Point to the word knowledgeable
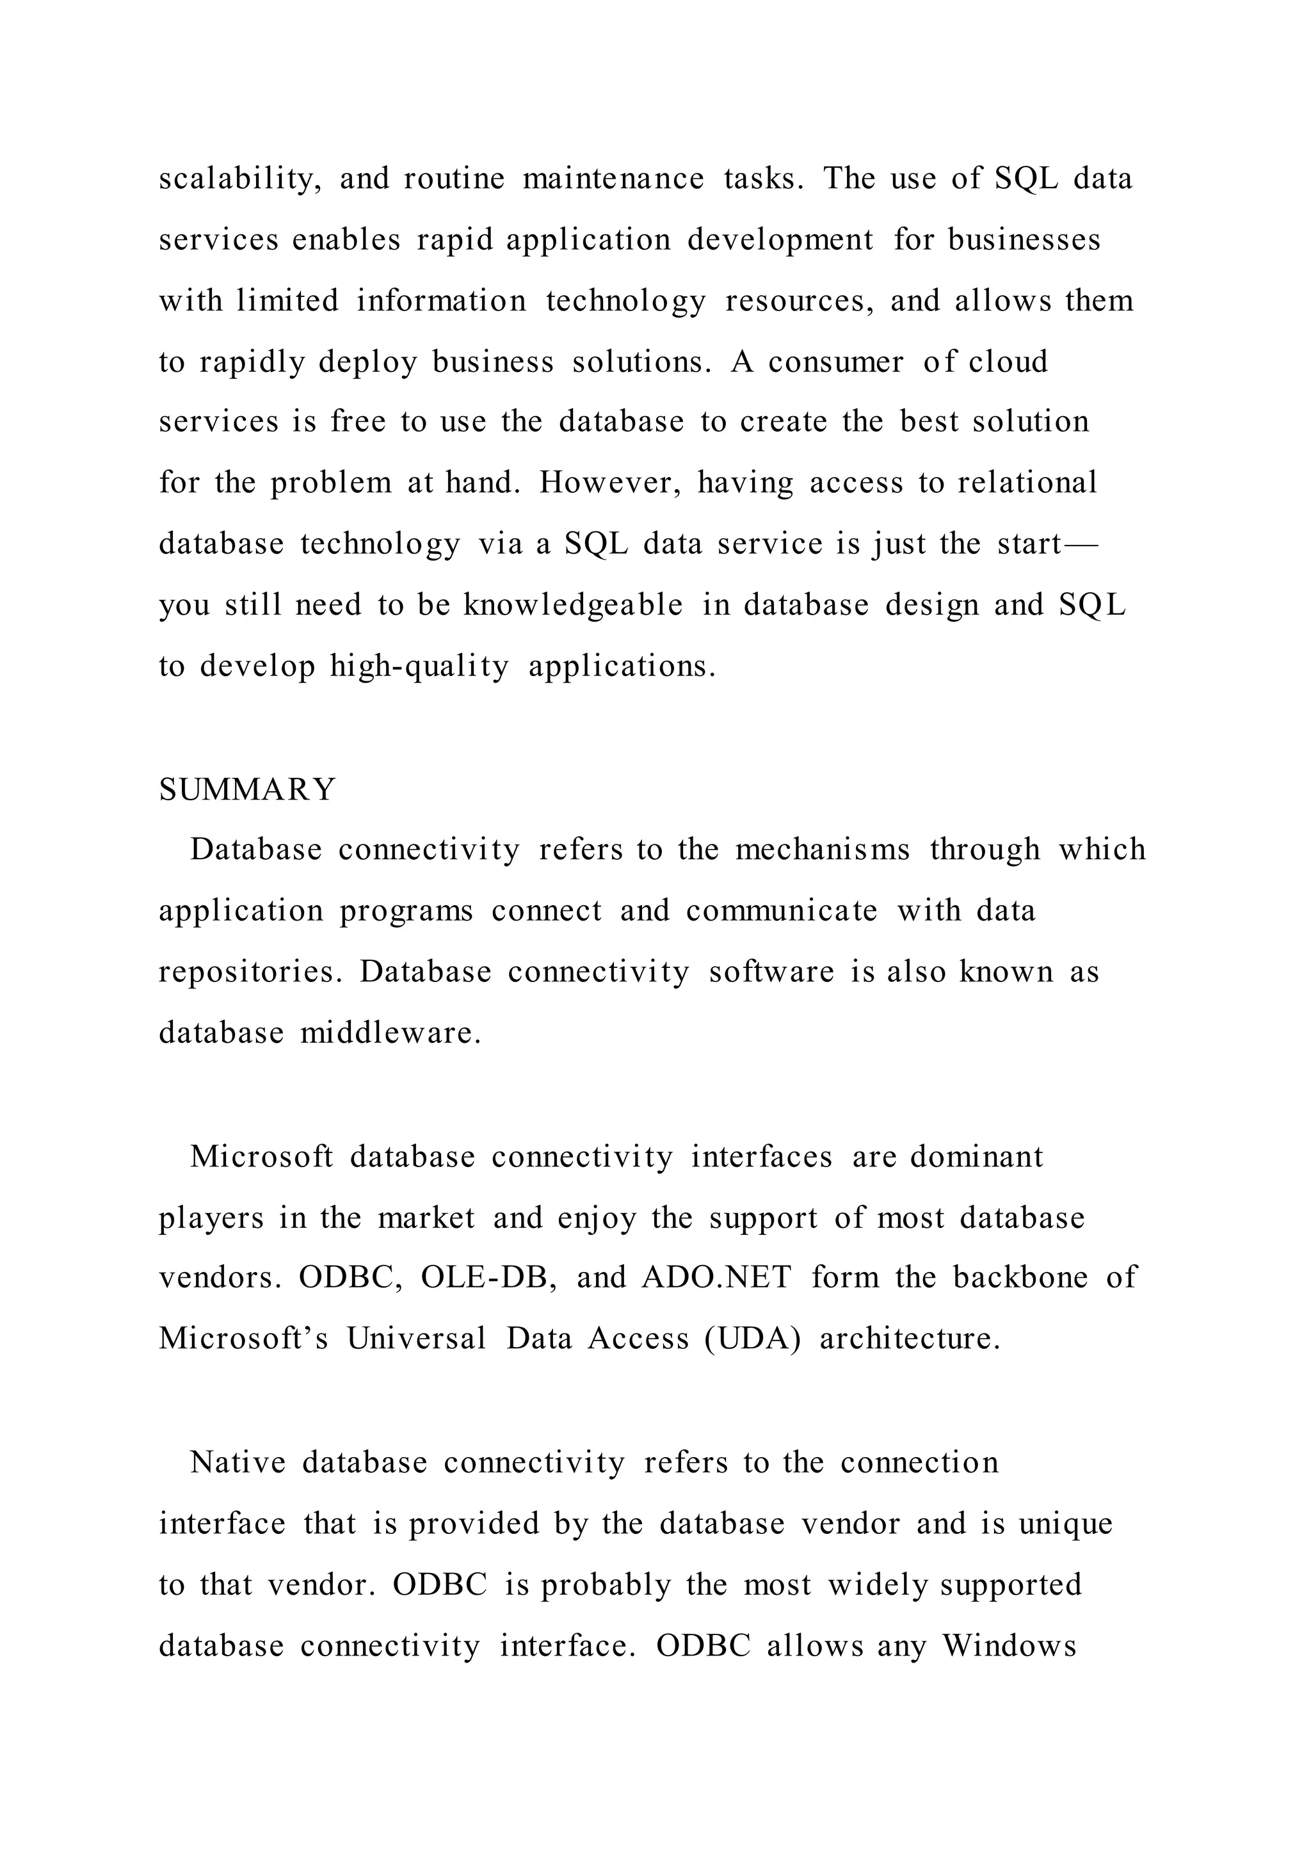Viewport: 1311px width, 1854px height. tap(573, 605)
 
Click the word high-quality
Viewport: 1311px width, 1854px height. tap(420, 666)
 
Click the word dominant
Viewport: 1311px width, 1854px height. tap(977, 1157)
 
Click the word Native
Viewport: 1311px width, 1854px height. tap(238, 1462)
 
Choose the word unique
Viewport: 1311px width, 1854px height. tap(1066, 1524)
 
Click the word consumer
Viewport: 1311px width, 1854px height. tap(835, 362)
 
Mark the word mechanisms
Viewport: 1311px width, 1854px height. tap(822, 850)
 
